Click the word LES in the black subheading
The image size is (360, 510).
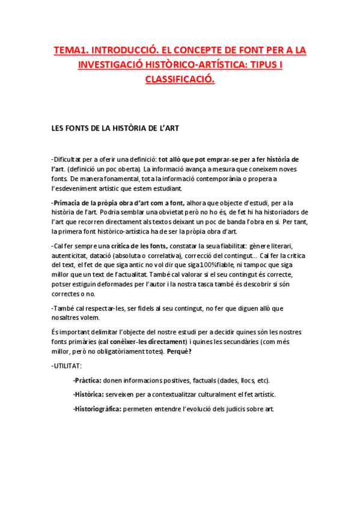(58, 128)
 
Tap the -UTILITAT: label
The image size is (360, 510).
(67, 366)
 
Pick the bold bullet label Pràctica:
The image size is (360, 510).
(87, 380)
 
